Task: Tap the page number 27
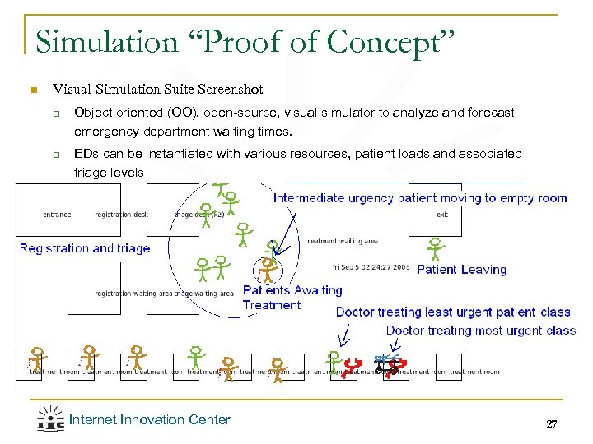[551, 423]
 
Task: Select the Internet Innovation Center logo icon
[50, 419]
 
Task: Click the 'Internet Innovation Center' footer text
[149, 420]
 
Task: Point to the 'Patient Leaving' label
[461, 270]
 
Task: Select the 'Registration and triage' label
[85, 248]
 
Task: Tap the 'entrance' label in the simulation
[57, 215]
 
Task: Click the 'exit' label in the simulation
[442, 215]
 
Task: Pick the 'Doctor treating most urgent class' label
[480, 331]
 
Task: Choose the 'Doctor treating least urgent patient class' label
[453, 312]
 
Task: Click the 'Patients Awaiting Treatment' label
[292, 297]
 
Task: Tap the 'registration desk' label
[120, 215]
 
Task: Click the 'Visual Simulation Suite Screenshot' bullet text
[157, 89]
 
